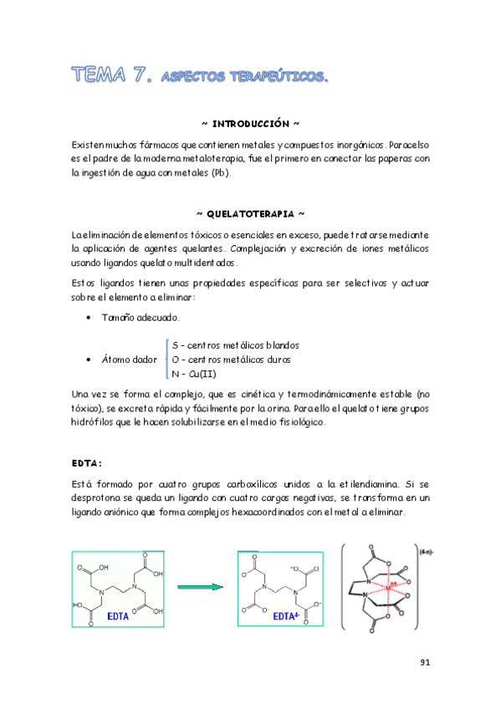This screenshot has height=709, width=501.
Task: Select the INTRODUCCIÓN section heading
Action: pyautogui.click(x=250, y=124)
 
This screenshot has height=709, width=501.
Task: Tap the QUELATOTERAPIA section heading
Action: pyautogui.click(x=250, y=214)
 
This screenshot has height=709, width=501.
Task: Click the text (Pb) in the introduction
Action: pyautogui.click(x=216, y=173)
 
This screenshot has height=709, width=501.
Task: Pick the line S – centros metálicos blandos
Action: pyautogui.click(x=235, y=345)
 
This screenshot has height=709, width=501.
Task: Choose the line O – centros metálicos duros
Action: pyautogui.click(x=231, y=360)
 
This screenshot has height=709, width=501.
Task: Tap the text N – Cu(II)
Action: pyautogui.click(x=193, y=374)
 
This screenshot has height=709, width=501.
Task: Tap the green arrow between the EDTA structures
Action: pyautogui.click(x=202, y=586)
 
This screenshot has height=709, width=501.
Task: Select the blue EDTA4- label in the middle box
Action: pyautogui.click(x=287, y=617)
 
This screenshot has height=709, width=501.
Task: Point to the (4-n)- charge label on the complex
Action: pyautogui.click(x=424, y=551)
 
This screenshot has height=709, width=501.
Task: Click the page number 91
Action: pyautogui.click(x=424, y=663)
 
